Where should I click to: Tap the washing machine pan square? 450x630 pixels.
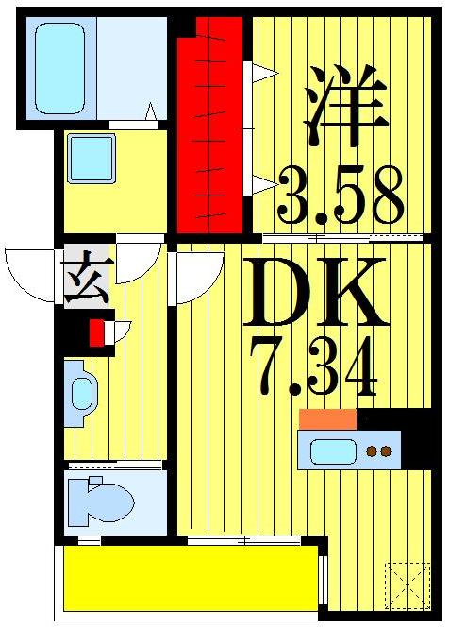point(92,158)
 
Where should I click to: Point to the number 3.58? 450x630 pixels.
point(341,196)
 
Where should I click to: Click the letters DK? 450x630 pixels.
point(314,291)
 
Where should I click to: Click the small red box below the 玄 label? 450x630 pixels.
point(95,333)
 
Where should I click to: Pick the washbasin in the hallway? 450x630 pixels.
point(81,394)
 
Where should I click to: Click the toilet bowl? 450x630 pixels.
point(104,500)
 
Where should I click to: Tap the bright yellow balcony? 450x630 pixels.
point(189,578)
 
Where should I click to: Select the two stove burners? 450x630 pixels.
point(378,451)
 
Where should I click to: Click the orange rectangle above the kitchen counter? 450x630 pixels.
point(327,419)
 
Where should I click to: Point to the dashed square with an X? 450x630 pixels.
point(408,585)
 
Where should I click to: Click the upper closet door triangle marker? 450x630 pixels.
point(263,73)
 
